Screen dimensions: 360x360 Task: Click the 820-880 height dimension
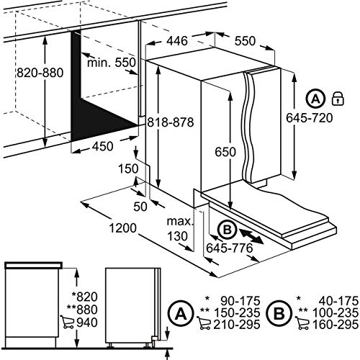[x=40, y=73]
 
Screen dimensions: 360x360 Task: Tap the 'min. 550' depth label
[x=112, y=63]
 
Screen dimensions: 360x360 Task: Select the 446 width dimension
[x=177, y=41]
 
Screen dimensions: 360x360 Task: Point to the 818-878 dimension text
[x=170, y=122]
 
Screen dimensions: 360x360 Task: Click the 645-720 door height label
[x=310, y=118]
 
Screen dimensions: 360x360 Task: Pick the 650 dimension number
[x=225, y=152]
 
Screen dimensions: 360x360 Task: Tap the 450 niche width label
[x=102, y=146]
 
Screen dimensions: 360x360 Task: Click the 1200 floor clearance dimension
[x=123, y=228]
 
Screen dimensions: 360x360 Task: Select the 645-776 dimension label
[x=230, y=248]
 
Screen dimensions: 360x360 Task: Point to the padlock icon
[x=338, y=99]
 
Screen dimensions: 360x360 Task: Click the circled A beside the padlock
[x=315, y=99]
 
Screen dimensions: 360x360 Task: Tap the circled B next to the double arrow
[x=227, y=230]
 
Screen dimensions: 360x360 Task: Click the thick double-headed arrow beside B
[x=251, y=237]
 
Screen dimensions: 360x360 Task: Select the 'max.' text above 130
[x=180, y=221]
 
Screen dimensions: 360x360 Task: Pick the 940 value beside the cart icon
[x=87, y=323]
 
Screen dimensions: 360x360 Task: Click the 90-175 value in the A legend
[x=240, y=301]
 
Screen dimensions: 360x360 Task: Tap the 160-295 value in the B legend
[x=336, y=325]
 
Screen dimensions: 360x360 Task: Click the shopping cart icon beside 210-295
[x=204, y=323]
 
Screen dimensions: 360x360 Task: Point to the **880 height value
[x=82, y=310]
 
